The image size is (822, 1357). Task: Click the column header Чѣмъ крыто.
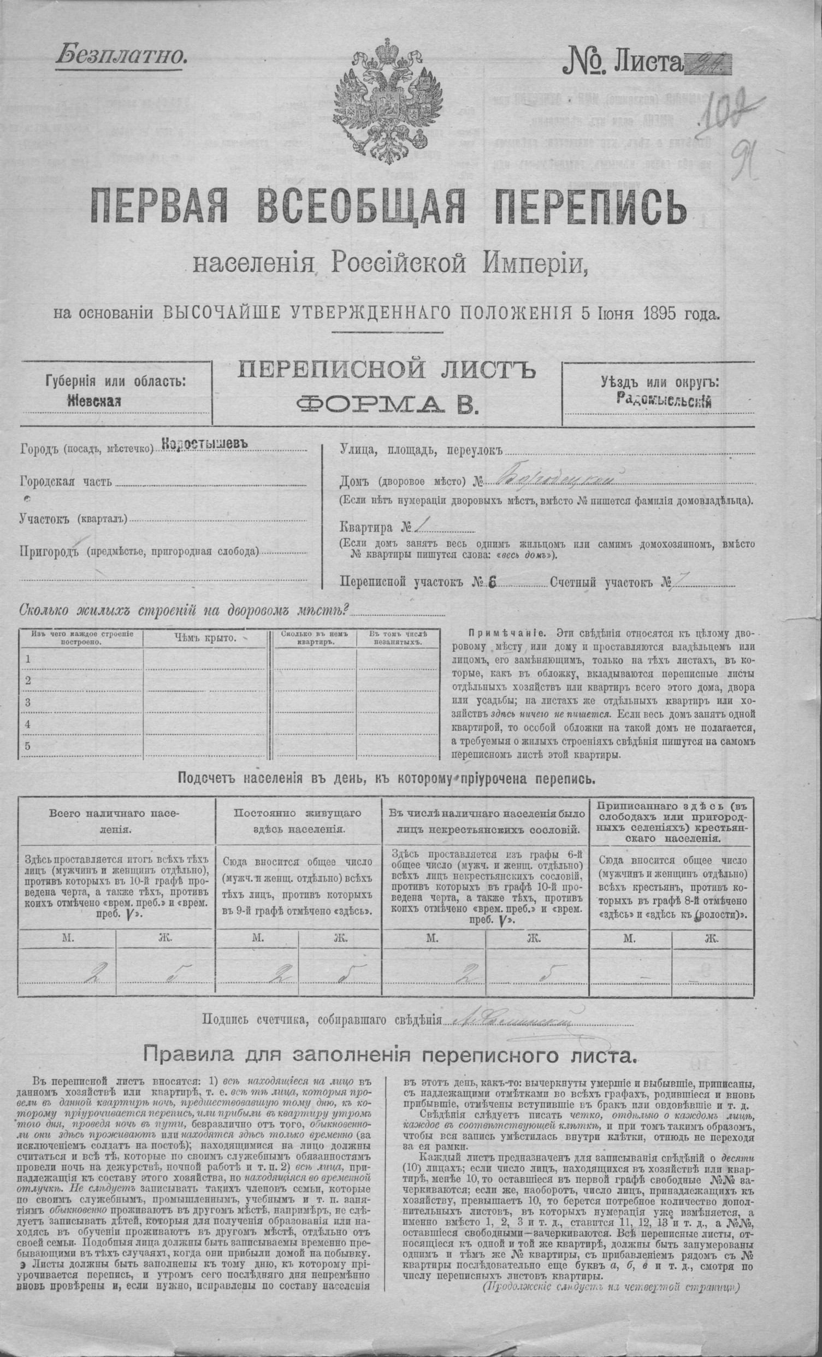pyautogui.click(x=205, y=638)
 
